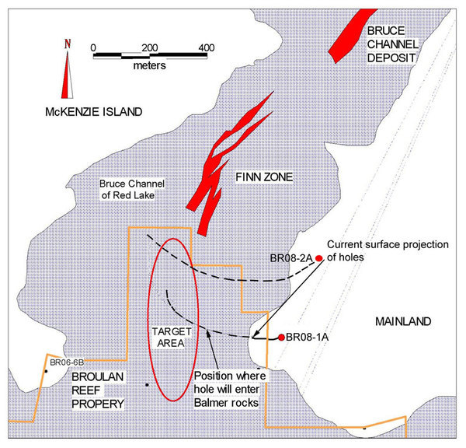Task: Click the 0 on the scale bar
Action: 93,47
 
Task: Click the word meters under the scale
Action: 148,67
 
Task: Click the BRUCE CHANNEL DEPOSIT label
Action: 391,44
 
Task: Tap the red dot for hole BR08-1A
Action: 280,338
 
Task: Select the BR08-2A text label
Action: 290,257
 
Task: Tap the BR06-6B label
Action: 66,362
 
